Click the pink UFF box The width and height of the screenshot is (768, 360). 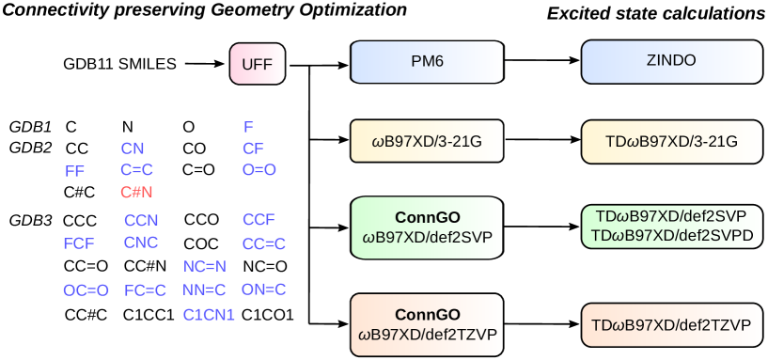pos(257,65)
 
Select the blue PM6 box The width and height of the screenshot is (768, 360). pos(427,61)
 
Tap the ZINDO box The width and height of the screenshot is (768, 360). pos(671,61)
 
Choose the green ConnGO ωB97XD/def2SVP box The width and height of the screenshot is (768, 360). pos(428,227)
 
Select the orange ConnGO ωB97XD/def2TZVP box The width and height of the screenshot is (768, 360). pos(428,324)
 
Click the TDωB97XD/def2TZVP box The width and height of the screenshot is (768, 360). pos(671,325)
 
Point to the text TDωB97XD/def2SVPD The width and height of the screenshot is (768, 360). pos(671,235)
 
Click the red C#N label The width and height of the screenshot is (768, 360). pos(136,192)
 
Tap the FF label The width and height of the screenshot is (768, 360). pos(75,171)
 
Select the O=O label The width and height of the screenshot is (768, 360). pos(259,170)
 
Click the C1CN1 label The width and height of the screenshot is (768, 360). pos(209,315)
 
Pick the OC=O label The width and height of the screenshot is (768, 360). pos(86,290)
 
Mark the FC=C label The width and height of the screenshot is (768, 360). pos(146,290)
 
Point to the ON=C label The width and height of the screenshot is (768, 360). pos(263,290)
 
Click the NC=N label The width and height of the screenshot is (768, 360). pos(205,267)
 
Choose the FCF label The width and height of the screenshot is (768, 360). pos(79,243)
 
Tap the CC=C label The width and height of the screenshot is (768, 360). pos(264,243)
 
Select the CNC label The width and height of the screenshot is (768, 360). pos(142,243)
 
